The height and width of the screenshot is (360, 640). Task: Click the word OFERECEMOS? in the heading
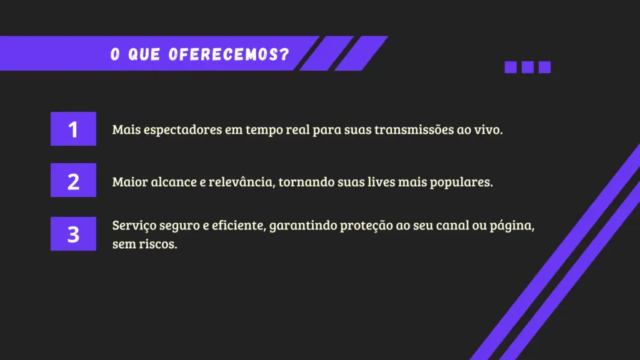point(229,54)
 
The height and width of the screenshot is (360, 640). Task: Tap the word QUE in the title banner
point(144,54)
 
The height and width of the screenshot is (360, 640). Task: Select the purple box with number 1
point(74,129)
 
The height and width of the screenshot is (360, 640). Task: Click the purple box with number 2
point(74,180)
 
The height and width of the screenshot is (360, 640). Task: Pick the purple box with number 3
point(74,234)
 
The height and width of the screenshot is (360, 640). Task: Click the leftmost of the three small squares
point(511,67)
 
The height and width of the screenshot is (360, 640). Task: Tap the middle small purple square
point(527,67)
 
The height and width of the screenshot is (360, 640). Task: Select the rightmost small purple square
point(544,67)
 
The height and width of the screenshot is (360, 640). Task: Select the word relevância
point(241,182)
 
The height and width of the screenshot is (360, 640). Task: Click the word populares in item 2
point(461,182)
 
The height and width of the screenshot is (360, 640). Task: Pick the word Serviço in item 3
point(134,226)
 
